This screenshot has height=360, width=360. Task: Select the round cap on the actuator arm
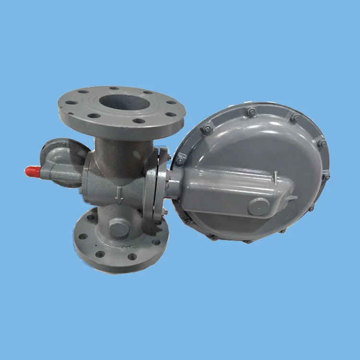[259, 206]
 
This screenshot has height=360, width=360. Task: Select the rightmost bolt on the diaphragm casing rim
[326, 177]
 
